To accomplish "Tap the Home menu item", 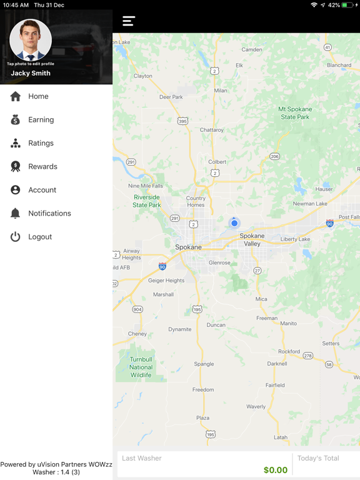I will tap(37, 96).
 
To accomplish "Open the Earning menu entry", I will tap(41, 120).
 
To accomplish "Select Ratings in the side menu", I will tap(41, 143).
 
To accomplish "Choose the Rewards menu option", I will tap(42, 167).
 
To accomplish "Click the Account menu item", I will tap(42, 190).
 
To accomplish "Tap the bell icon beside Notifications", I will tap(16, 213).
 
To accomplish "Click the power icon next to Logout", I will tap(16, 237).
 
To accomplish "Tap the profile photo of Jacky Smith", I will tap(31, 39).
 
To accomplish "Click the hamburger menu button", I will tap(129, 21).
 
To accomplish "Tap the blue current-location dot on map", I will tap(234, 223).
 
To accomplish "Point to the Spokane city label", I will tap(188, 247).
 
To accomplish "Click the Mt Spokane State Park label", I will tap(295, 113).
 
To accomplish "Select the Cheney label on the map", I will tap(137, 334).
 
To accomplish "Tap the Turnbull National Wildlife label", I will tap(141, 367).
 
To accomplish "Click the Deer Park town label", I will tap(171, 97).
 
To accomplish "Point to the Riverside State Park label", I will tap(147, 201).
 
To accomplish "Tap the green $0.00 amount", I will tap(276, 470).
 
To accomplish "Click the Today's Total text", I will tap(318, 458).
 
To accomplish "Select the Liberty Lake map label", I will tap(295, 239).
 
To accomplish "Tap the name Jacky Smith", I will tap(31, 73).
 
